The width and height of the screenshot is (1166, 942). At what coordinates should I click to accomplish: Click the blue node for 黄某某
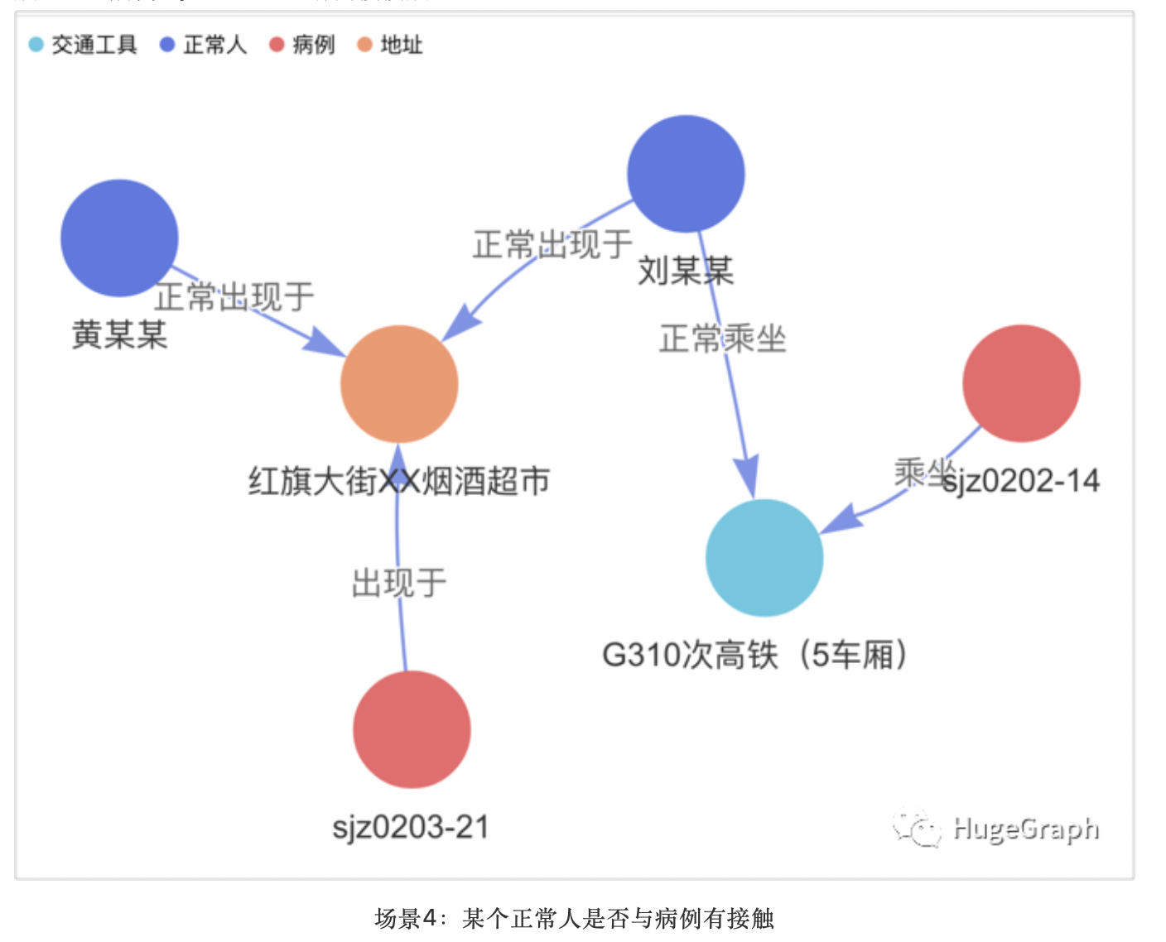click(x=119, y=238)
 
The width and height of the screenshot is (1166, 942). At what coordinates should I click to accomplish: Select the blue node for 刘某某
click(x=686, y=174)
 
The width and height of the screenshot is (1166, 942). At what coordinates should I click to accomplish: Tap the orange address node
click(x=399, y=384)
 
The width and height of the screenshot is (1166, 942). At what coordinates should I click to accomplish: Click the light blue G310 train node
click(x=764, y=558)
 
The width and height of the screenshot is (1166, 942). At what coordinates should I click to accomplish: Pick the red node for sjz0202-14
click(x=1021, y=383)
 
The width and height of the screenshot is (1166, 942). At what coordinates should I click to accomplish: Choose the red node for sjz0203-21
click(x=412, y=729)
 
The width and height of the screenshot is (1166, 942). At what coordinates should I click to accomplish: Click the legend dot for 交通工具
click(x=36, y=45)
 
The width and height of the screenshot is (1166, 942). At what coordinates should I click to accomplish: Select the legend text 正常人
click(x=214, y=45)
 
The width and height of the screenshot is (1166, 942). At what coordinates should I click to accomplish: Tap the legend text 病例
click(x=313, y=45)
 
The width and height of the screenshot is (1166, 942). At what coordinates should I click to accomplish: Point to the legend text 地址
click(x=402, y=45)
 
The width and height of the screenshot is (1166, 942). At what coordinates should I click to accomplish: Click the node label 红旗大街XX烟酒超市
click(x=399, y=481)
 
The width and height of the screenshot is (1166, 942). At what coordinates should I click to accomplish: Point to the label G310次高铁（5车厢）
click(x=754, y=655)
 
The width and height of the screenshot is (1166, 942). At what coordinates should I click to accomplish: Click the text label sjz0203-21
click(x=411, y=827)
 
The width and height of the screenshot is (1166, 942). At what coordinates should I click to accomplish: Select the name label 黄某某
click(x=119, y=335)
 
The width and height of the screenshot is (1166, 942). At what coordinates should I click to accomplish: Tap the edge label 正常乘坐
click(x=722, y=339)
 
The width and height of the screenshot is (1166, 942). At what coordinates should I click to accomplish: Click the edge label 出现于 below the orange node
click(x=399, y=583)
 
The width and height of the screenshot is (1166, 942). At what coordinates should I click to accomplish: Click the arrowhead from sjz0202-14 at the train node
click(x=838, y=520)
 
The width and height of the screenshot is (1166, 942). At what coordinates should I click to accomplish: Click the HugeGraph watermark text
click(x=1025, y=829)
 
